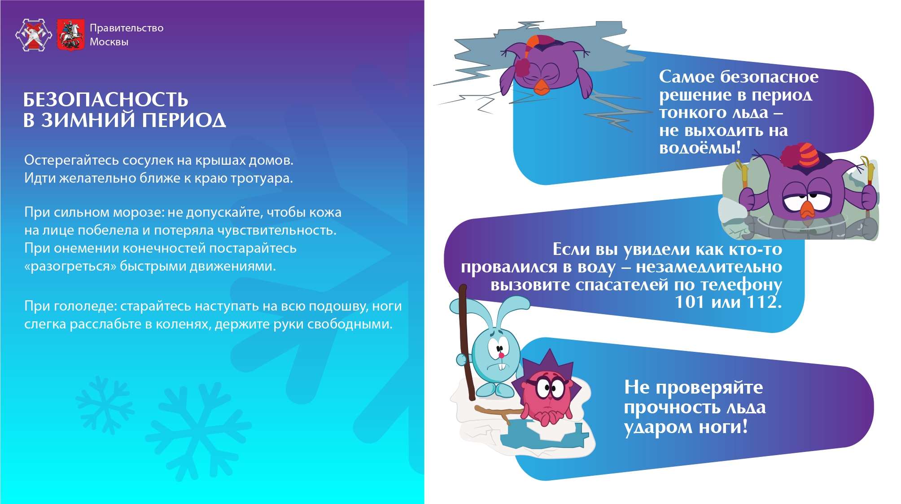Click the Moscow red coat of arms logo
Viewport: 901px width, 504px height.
pyautogui.click(x=70, y=35)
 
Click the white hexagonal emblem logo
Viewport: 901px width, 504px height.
pyautogui.click(x=34, y=35)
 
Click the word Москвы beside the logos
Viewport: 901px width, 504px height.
pyautogui.click(x=109, y=42)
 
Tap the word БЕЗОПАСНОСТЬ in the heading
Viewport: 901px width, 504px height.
pyautogui.click(x=106, y=100)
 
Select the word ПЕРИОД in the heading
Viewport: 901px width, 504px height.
pyautogui.click(x=184, y=120)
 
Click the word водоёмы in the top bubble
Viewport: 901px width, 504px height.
pyautogui.click(x=700, y=148)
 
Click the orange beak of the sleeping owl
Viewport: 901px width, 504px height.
pyautogui.click(x=542, y=87)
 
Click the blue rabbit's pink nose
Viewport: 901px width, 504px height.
pyautogui.click(x=501, y=355)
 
